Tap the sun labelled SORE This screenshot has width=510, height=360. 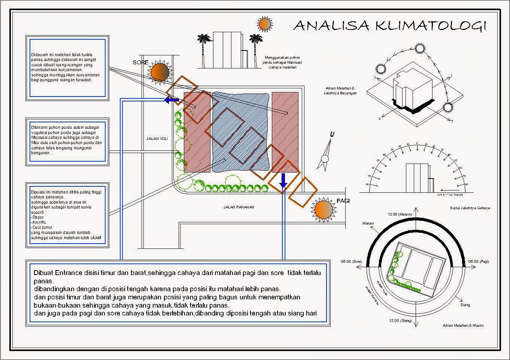click(x=160, y=71)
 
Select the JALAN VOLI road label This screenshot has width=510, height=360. click(x=157, y=139)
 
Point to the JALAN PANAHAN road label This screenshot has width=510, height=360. click(x=239, y=207)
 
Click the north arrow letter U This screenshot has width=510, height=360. click(x=332, y=135)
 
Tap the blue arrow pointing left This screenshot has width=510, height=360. click(x=171, y=100)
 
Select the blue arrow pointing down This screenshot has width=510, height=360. click(x=283, y=180)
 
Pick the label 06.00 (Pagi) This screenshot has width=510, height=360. click(x=479, y=262)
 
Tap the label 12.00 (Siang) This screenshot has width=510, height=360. click(x=400, y=321)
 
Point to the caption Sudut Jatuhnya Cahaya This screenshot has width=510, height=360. click(x=470, y=208)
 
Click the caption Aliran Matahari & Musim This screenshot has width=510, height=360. click(x=463, y=326)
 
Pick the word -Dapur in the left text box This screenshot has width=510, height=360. click(x=37, y=217)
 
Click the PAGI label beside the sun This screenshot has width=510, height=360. click(x=343, y=201)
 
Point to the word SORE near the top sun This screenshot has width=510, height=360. click(x=141, y=62)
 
